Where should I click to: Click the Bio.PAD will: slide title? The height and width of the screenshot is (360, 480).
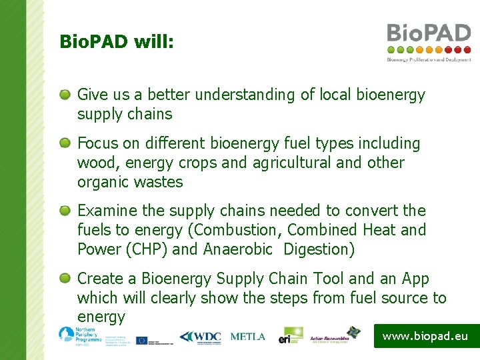[117, 42]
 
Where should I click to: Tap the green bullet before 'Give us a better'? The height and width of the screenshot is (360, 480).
[65, 95]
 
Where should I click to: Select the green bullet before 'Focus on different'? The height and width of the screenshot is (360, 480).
[65, 143]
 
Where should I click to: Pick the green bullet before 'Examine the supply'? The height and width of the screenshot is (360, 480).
[65, 211]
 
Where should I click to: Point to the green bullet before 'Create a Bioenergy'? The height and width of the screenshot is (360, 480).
[65, 279]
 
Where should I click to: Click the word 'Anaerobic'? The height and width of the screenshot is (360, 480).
[238, 249]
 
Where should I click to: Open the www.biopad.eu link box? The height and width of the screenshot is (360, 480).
[425, 336]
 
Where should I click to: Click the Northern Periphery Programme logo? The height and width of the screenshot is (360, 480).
[79, 335]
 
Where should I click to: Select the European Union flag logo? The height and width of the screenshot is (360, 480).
[142, 340]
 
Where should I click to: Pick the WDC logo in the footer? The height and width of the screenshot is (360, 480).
[200, 337]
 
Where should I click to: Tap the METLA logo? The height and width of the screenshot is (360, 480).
[247, 337]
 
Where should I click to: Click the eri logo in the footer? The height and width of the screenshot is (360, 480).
[291, 335]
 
